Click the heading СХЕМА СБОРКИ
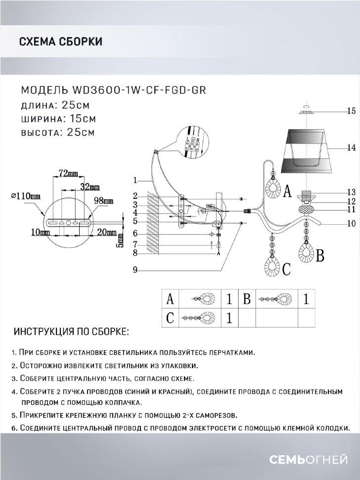(x=60, y=41)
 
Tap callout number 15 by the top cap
(x=351, y=111)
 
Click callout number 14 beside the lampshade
(x=351, y=147)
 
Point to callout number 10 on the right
(x=351, y=223)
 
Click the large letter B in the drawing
(x=319, y=255)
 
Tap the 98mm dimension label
(x=105, y=200)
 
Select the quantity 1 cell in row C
(x=229, y=317)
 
